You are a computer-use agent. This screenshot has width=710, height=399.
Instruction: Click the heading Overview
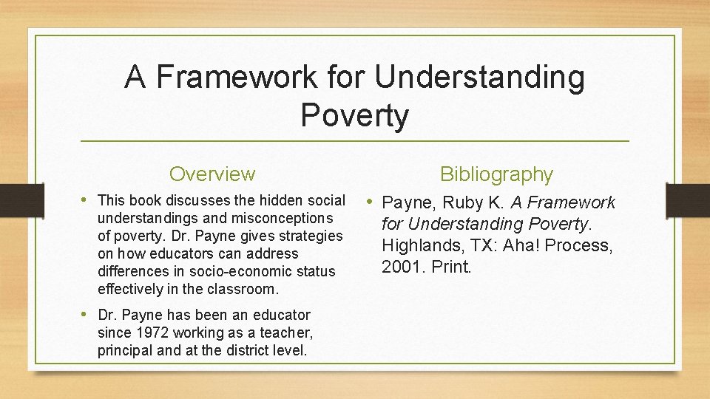(212, 174)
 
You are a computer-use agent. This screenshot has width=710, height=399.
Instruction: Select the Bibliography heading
(496, 174)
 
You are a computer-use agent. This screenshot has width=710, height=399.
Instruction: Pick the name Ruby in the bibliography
(468, 202)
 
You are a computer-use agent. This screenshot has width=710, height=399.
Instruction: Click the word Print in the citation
(450, 266)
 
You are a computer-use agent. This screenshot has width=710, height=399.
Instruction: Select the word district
(241, 350)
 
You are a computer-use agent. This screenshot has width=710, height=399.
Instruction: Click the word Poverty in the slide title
(354, 115)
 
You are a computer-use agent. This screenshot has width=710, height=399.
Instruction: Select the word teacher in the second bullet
(287, 332)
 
